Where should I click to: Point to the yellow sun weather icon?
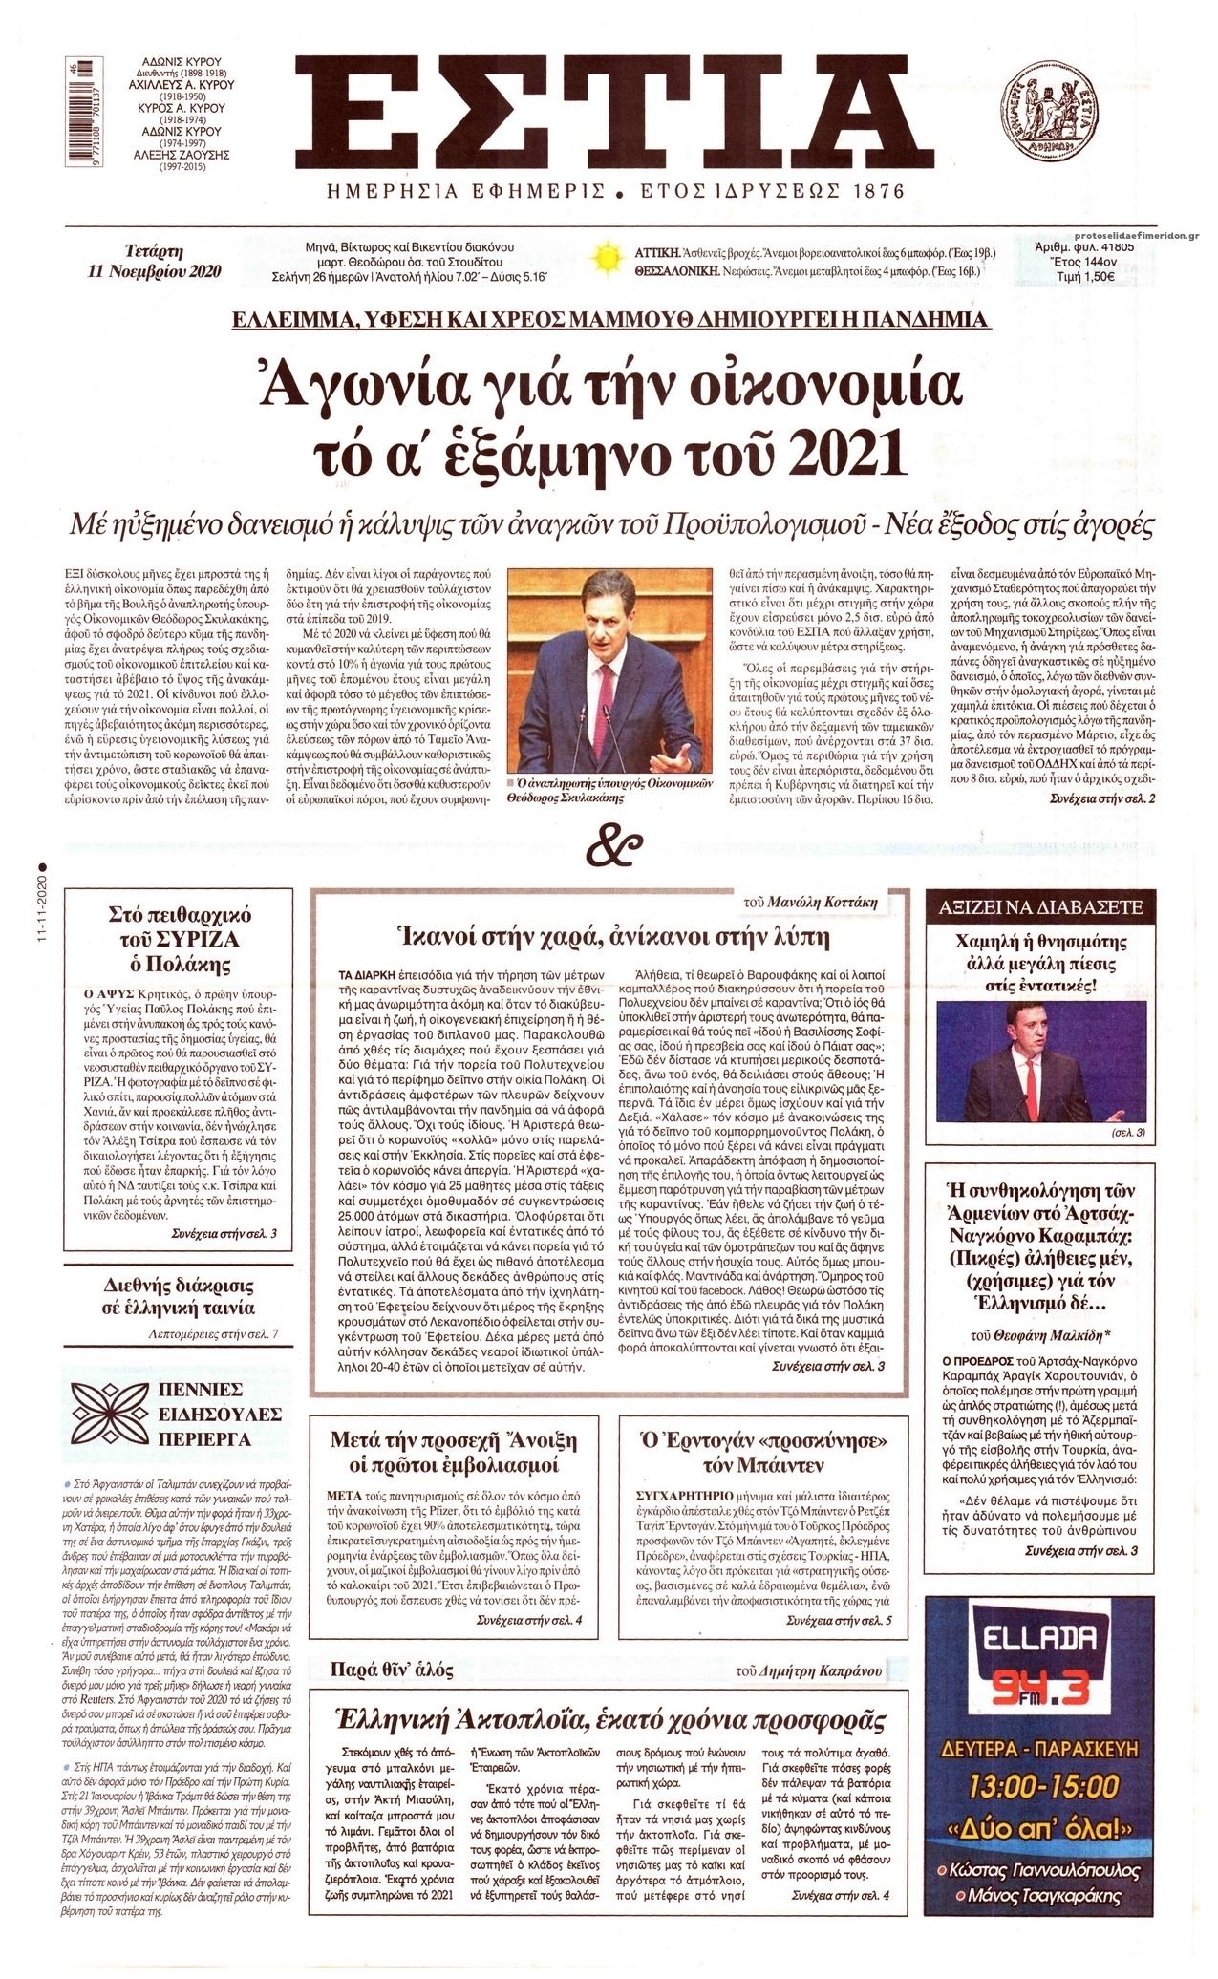[606, 259]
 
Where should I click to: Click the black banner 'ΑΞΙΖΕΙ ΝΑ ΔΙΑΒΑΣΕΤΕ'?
[1045, 907]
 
